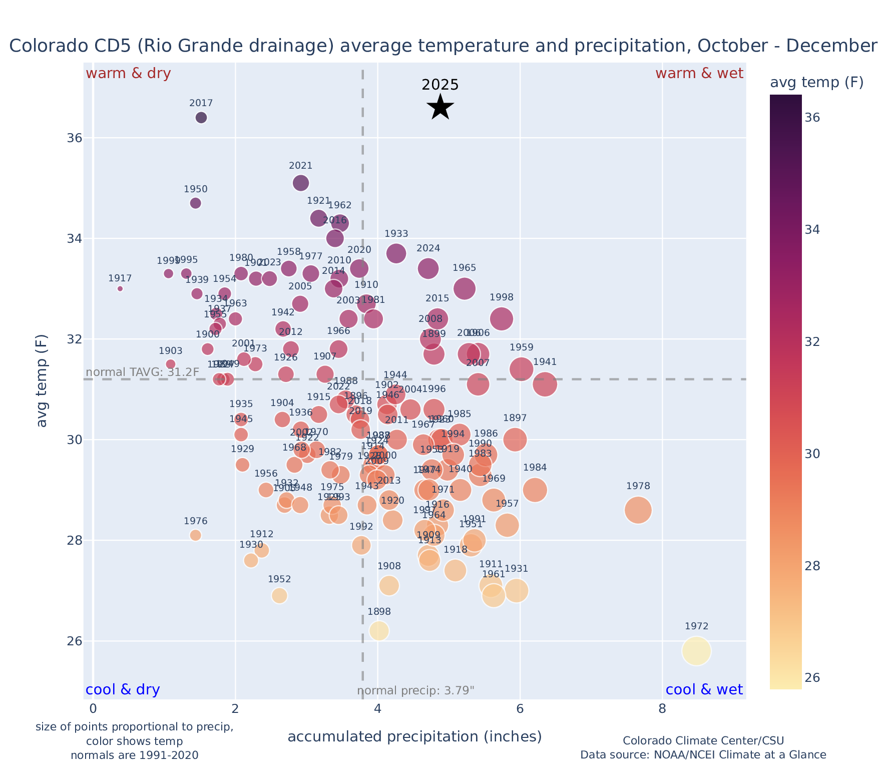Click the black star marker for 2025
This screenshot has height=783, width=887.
tap(440, 107)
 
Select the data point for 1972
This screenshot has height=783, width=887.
tap(696, 651)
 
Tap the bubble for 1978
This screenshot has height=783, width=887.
tap(638, 510)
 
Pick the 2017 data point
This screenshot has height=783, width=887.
tap(201, 118)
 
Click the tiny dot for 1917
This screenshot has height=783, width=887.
tap(120, 288)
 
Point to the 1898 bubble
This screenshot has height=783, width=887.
tap(379, 631)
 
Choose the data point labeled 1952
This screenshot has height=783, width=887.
tap(280, 595)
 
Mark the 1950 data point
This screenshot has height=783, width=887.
tap(196, 203)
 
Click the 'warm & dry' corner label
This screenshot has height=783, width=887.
tap(129, 74)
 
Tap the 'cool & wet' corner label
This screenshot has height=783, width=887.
tap(704, 690)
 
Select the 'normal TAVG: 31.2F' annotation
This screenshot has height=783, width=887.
tap(143, 372)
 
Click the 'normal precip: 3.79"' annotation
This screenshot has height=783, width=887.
tap(415, 691)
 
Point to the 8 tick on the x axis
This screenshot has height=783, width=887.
tap(662, 709)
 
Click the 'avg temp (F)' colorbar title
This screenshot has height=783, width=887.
tap(816, 83)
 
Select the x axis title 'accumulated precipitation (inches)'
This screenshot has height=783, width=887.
tap(414, 736)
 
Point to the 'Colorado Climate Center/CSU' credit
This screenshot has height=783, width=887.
tap(703, 740)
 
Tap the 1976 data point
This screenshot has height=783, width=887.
tap(196, 535)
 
